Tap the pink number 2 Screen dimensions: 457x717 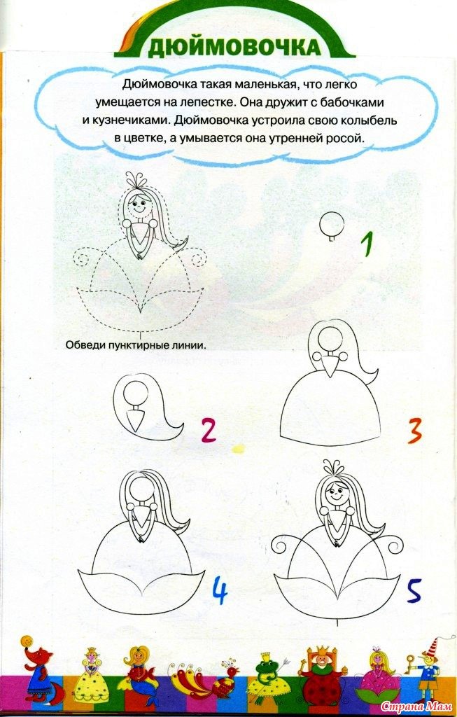pos(208,431)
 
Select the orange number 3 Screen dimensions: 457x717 pos(414,431)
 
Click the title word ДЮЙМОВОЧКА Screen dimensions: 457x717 pos(234,47)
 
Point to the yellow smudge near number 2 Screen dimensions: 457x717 pos(238,450)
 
